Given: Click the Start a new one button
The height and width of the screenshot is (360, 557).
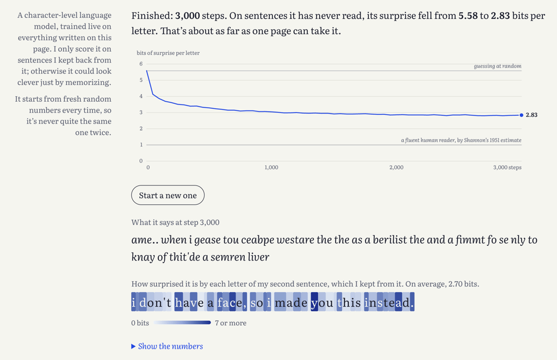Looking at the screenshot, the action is [x=168, y=195].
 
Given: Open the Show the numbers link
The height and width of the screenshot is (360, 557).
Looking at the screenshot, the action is [x=167, y=346].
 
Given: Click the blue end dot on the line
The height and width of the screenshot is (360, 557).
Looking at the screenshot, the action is [x=522, y=115].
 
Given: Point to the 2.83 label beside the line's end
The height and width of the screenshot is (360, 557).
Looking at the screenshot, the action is [x=531, y=115].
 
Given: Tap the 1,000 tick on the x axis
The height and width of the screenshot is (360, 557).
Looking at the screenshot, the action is [x=271, y=167].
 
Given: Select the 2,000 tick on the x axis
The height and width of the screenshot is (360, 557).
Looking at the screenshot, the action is [x=396, y=167].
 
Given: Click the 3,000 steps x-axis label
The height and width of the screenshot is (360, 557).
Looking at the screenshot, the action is [x=508, y=167].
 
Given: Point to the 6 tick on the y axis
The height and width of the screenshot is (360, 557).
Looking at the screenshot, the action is [x=141, y=64].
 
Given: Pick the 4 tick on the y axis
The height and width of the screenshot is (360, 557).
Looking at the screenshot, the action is [x=141, y=96].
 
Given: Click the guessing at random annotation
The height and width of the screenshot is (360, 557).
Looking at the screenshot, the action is [x=497, y=66].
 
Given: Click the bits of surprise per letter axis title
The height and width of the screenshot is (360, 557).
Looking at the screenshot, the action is [x=168, y=53].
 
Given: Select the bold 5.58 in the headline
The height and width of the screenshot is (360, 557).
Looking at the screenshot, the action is [x=468, y=16].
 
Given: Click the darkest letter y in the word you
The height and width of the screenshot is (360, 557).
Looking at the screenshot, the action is [x=314, y=302].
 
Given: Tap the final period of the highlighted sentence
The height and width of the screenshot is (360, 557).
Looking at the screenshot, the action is [x=412, y=302].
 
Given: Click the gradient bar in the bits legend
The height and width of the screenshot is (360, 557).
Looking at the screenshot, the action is [x=182, y=322].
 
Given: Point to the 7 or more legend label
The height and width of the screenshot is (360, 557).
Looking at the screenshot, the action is [x=231, y=323].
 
